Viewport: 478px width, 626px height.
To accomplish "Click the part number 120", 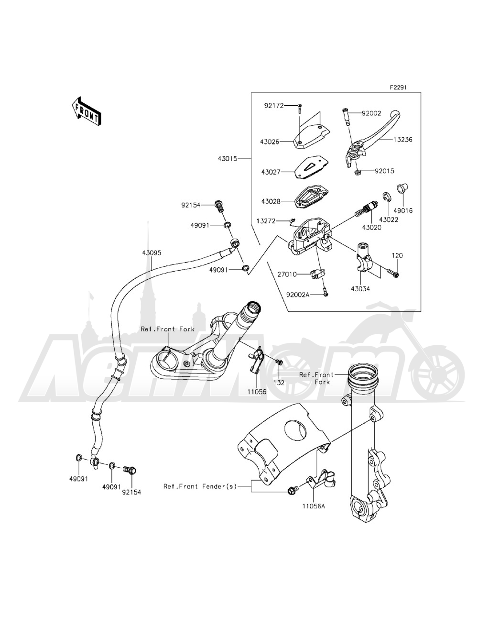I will click(x=398, y=256).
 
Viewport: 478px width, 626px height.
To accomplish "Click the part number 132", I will click(x=279, y=383).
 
